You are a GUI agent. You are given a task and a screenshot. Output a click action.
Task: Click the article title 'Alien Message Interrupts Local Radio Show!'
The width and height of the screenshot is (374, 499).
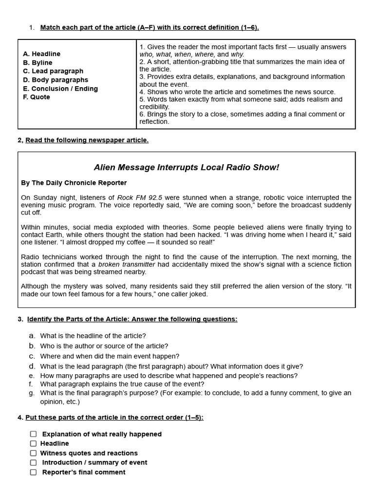[x=187, y=168]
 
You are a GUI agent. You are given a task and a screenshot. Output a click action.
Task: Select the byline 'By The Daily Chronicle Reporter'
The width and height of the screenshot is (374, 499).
[x=74, y=183]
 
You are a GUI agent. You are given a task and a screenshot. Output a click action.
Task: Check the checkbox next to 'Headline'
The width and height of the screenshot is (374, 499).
[x=33, y=443]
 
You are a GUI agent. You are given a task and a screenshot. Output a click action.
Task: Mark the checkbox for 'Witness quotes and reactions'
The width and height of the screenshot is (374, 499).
[x=33, y=453]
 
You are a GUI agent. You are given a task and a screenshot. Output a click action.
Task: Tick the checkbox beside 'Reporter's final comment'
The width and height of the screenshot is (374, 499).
[x=33, y=472]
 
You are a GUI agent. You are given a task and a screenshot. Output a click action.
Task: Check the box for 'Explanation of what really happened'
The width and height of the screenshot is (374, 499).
[x=33, y=434]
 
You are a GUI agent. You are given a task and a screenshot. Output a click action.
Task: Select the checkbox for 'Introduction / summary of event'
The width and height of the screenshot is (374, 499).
[x=33, y=462]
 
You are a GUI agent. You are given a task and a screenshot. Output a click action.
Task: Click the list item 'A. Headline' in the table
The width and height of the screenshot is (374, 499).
[x=42, y=54]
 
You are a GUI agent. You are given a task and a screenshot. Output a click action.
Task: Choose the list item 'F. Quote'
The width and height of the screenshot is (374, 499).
[x=37, y=97]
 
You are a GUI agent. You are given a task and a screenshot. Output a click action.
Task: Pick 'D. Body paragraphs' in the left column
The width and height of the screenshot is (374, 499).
[x=56, y=80]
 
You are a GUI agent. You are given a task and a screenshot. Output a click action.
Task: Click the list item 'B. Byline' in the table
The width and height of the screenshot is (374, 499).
[x=37, y=63]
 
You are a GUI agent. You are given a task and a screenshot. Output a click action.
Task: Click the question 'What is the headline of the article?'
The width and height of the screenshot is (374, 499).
[x=93, y=336]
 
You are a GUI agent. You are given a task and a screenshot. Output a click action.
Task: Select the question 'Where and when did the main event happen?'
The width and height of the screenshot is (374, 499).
[x=110, y=356]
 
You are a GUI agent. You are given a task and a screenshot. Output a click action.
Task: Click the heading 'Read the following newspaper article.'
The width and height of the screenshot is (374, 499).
[x=87, y=140]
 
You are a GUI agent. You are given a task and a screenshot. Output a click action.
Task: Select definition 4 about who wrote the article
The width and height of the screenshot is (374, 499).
[x=237, y=92]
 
